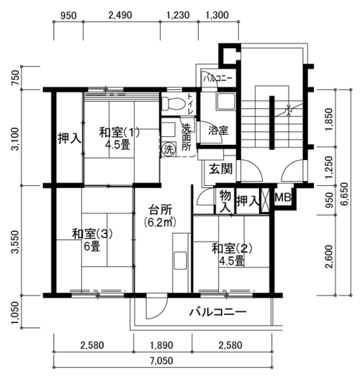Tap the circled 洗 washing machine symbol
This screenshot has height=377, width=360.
pyautogui.click(x=168, y=149)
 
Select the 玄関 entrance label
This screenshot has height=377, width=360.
pyautogui.click(x=221, y=169)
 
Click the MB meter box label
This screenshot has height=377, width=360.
pyautogui.click(x=283, y=198)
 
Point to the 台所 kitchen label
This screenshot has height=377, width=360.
pyautogui.click(x=161, y=210)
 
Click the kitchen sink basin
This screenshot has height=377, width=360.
pyautogui.click(x=181, y=260)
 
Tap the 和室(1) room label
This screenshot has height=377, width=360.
pyautogui.click(x=119, y=133)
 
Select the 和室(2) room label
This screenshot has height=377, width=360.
pyautogui.click(x=232, y=249)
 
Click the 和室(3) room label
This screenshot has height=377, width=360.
pyautogui.click(x=92, y=234)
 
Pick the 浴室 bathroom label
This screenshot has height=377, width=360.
pyautogui.click(x=218, y=130)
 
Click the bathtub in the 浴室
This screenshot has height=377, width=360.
pyautogui.click(x=226, y=101)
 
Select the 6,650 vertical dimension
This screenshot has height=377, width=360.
pyautogui.click(x=344, y=194)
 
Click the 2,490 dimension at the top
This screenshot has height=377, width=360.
pyautogui.click(x=120, y=15)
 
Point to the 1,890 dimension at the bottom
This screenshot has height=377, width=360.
pyautogui.click(x=161, y=345)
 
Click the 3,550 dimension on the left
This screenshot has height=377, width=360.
pyautogui.click(x=15, y=242)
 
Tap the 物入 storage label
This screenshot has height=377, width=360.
pyautogui.click(x=225, y=200)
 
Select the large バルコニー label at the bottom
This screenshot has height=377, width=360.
pyautogui.click(x=218, y=312)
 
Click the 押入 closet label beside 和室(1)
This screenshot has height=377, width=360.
pyautogui.click(x=70, y=138)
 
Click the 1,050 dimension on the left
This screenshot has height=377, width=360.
pyautogui.click(x=15, y=313)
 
